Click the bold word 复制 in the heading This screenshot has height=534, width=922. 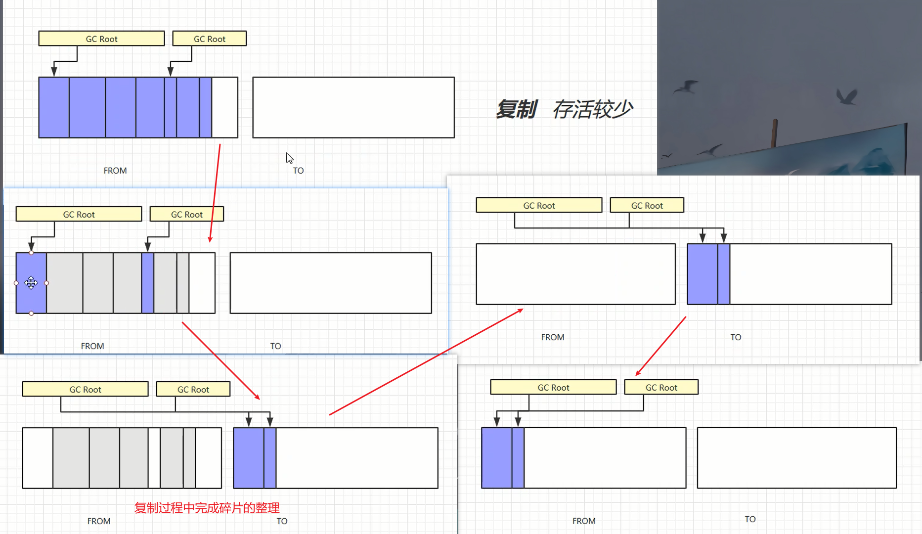[x=516, y=109]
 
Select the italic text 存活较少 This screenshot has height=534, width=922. [x=593, y=109]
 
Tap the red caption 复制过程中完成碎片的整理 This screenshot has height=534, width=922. [x=207, y=508]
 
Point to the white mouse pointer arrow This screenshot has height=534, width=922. [x=289, y=158]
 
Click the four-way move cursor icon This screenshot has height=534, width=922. [x=31, y=283]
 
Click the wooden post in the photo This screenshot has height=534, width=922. [x=775, y=133]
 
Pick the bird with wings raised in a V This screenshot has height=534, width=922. [x=846, y=96]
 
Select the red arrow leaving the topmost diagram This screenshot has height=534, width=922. [x=215, y=193]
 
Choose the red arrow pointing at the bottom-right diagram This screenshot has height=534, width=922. [x=661, y=346]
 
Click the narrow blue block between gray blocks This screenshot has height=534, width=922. [x=148, y=283]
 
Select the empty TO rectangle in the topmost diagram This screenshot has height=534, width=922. [x=353, y=107]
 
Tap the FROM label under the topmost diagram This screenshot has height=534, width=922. [x=115, y=171]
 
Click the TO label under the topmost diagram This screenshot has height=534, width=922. [x=298, y=171]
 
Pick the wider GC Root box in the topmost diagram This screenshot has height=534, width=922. [x=101, y=39]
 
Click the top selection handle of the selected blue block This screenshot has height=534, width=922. [x=31, y=253]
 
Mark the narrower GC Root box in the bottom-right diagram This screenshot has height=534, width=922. [x=661, y=387]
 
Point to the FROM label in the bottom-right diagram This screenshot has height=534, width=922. [x=584, y=521]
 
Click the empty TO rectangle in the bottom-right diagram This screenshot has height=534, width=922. [x=796, y=458]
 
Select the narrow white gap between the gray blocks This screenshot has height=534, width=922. [x=154, y=458]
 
